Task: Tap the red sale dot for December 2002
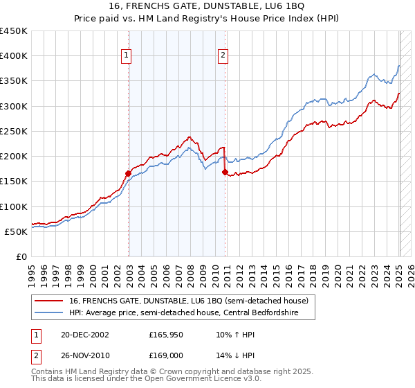pyautogui.click(x=129, y=173)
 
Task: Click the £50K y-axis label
pyautogui.click(x=16, y=231)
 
